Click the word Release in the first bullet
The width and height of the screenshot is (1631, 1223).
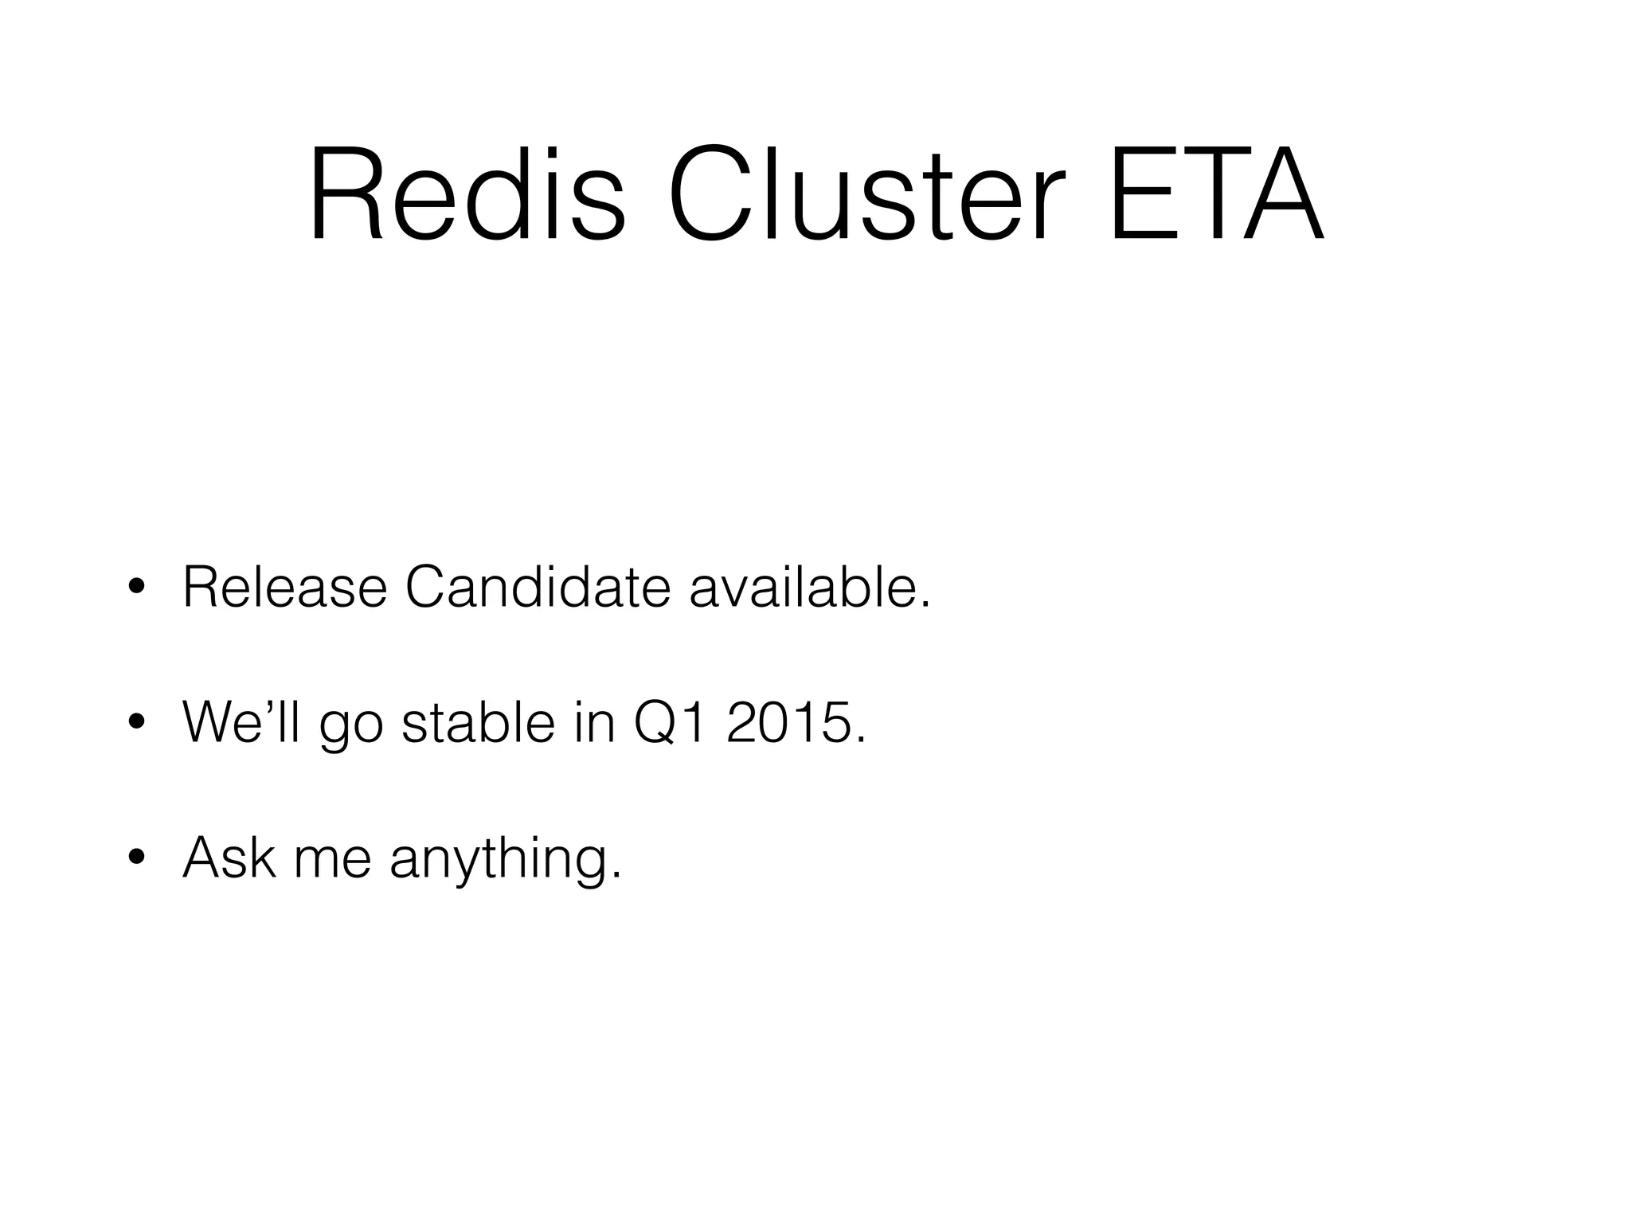point(284,588)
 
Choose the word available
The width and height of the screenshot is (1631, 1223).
point(808,588)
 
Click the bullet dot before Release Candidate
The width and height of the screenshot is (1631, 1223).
point(136,588)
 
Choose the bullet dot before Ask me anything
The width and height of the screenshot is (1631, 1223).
point(136,858)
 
